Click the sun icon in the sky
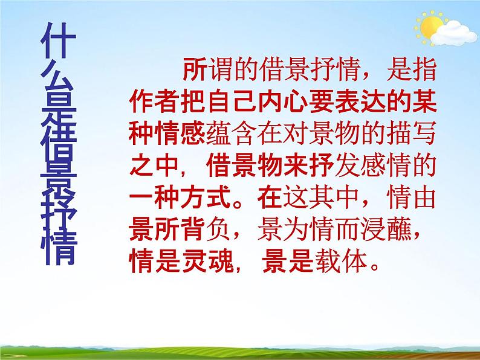430,27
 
